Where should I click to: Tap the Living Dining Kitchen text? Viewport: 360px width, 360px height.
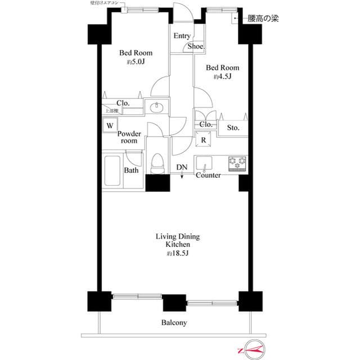[x=177, y=241]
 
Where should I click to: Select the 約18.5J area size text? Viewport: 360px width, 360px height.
[x=177, y=254]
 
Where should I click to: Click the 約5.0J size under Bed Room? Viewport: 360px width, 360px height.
[x=135, y=62]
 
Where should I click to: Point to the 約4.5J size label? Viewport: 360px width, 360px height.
[x=222, y=76]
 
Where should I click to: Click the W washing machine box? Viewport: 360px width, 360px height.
[x=110, y=125]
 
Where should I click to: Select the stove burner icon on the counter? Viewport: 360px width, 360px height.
[x=237, y=163]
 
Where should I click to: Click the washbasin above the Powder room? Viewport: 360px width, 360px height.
[x=156, y=107]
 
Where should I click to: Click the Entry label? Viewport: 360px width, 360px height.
[x=182, y=36]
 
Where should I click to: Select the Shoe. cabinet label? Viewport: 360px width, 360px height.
[x=196, y=47]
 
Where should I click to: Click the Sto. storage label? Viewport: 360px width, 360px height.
[x=233, y=128]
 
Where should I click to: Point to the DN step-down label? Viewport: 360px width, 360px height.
[x=182, y=168]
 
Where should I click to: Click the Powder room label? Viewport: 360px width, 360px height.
[x=129, y=137]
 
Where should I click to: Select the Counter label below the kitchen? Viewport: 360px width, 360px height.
[x=208, y=175]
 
